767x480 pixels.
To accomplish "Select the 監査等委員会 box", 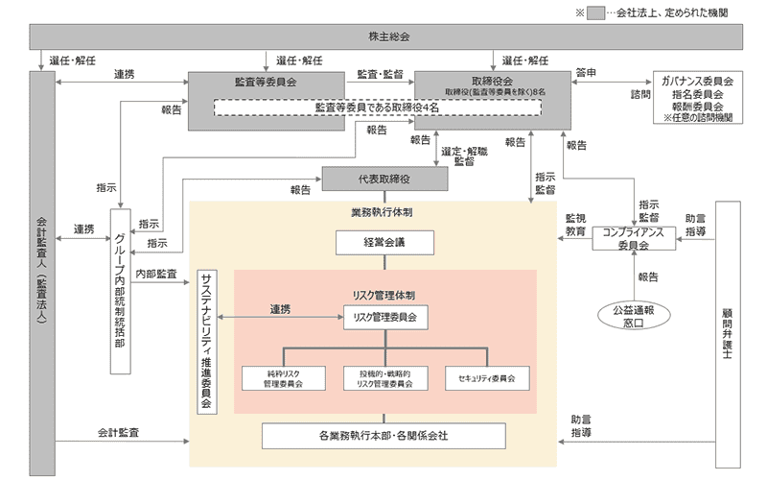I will [x=266, y=84].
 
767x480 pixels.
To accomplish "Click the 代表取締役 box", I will [x=384, y=180].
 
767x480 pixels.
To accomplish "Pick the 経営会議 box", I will [x=383, y=243].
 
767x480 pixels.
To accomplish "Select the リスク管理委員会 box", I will [x=383, y=314].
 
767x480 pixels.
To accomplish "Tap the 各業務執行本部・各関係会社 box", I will [x=383, y=436].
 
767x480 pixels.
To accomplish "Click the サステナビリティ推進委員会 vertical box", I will [x=206, y=341].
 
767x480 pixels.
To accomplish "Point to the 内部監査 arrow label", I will [x=157, y=274].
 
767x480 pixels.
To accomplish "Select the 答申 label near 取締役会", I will [x=587, y=72].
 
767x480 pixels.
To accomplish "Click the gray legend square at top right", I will [x=596, y=13].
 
